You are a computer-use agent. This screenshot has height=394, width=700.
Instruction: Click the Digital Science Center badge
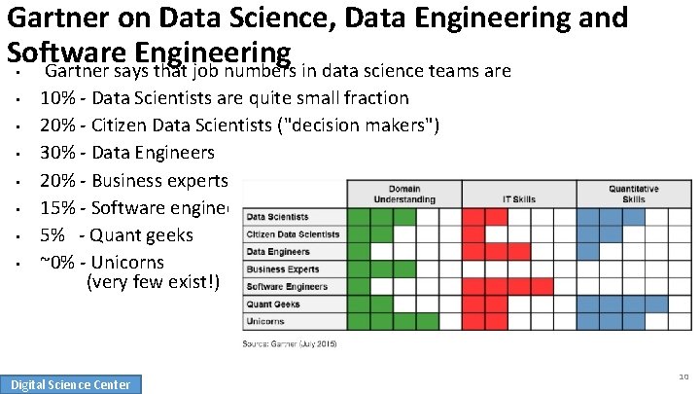click(x=70, y=384)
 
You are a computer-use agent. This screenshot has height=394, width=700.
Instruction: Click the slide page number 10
click(x=684, y=376)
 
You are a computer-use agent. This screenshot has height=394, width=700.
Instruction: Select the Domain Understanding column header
click(x=404, y=194)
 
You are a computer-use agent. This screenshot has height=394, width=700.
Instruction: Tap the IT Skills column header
click(x=519, y=198)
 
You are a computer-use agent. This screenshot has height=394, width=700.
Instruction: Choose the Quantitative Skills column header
click(x=634, y=194)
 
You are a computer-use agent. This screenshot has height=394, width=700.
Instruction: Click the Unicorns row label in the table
click(x=265, y=322)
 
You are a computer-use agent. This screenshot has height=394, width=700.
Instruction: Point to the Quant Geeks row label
click(x=273, y=304)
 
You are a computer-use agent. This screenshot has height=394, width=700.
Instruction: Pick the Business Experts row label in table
click(x=283, y=269)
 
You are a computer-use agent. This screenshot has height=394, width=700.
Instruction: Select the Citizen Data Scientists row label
click(x=293, y=234)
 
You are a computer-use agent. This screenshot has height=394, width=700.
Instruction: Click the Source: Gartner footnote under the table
click(x=291, y=343)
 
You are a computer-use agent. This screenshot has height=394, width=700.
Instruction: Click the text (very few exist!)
click(x=154, y=283)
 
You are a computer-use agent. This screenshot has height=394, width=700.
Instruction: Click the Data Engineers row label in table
click(x=278, y=252)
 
